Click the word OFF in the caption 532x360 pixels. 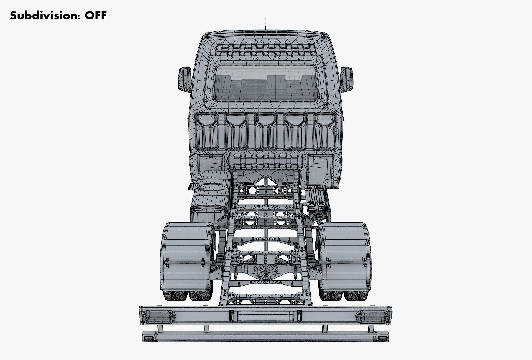coord(96,16)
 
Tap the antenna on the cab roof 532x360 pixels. coord(266,24)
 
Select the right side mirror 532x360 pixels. coord(347,79)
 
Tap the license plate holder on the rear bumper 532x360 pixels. coord(266,316)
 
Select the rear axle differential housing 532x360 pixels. coord(265,273)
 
